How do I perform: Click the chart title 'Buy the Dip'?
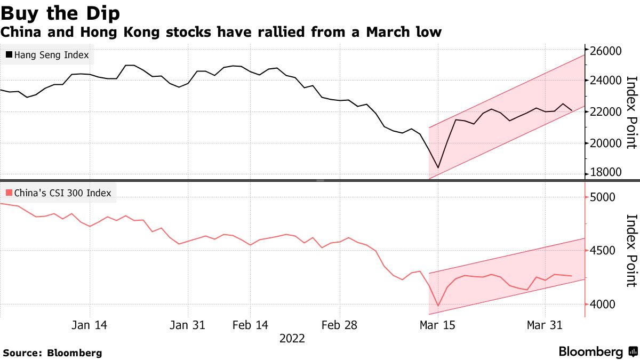pos(60,12)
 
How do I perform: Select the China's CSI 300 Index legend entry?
pos(58,193)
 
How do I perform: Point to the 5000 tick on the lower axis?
pos(603,197)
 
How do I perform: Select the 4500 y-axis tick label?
pos(603,251)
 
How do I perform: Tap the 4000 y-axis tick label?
pos(603,305)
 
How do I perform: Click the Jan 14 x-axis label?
pos(89,325)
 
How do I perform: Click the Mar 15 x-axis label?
pos(437,325)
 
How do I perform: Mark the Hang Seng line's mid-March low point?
pos(438,168)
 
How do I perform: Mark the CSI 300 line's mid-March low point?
pos(438,306)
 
